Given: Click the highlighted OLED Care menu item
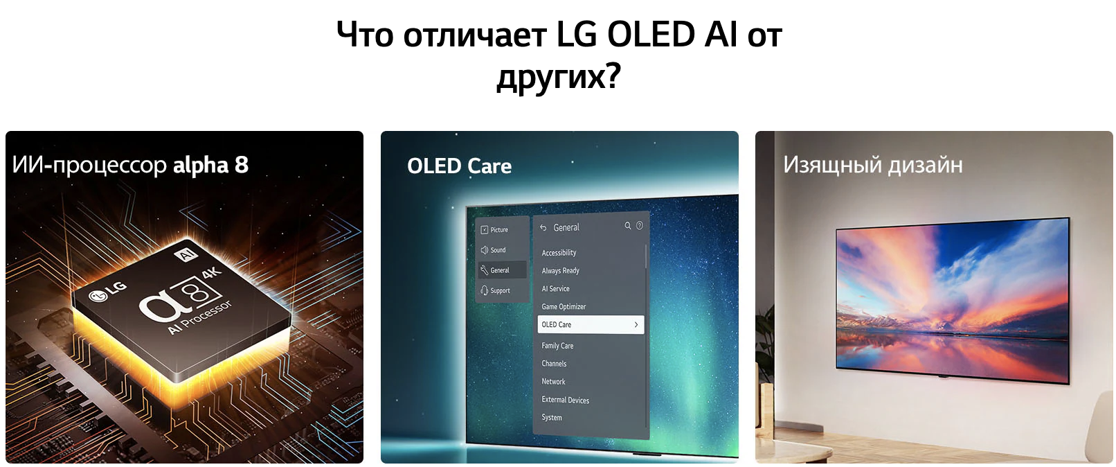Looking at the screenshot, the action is click(x=591, y=324).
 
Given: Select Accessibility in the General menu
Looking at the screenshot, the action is click(x=559, y=253).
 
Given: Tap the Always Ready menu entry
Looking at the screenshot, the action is click(x=561, y=271).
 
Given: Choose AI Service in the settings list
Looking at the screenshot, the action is click(x=555, y=288).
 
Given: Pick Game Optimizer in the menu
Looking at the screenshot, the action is click(x=564, y=306).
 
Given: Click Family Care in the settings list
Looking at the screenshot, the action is click(x=557, y=345).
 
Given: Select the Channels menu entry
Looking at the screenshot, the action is click(x=554, y=363).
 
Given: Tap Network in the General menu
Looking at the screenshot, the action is click(x=554, y=381).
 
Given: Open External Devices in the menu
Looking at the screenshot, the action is click(x=566, y=400).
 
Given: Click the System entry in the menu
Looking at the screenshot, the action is click(x=552, y=418).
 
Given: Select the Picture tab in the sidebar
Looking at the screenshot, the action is click(x=494, y=230).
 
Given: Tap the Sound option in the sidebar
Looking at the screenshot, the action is click(x=493, y=249).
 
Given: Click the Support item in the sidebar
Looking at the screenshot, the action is click(x=495, y=290).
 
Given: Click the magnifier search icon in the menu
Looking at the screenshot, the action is click(x=628, y=226).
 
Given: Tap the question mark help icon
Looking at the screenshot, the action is click(x=639, y=226).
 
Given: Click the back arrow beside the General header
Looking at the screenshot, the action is click(x=543, y=227).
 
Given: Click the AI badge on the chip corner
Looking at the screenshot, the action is click(x=187, y=255).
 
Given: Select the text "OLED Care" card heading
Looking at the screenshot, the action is click(x=460, y=166).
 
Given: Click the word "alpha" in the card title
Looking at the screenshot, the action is click(x=200, y=166).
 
